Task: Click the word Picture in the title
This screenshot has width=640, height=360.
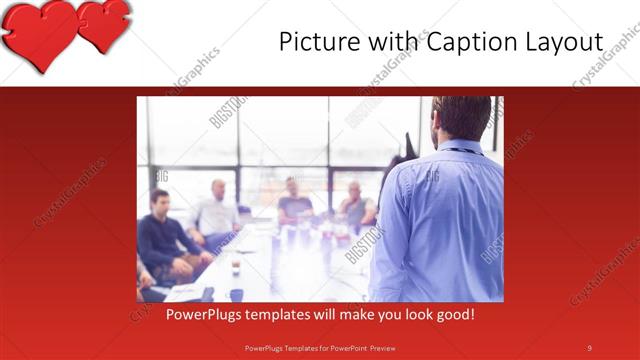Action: [317, 42]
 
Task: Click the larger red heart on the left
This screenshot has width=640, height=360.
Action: [40, 33]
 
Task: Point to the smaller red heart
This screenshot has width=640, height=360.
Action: [105, 23]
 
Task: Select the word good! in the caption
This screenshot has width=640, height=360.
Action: [453, 315]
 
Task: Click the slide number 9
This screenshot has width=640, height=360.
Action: [589, 347]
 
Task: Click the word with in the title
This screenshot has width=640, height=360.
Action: [385, 42]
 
